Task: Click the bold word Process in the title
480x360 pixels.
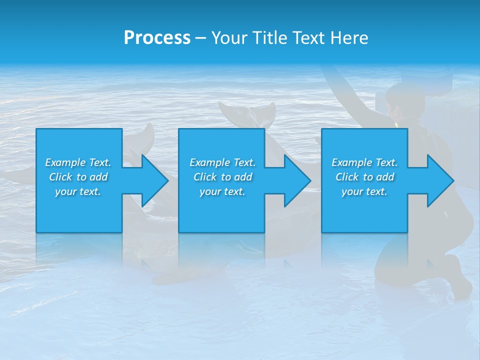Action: point(157,38)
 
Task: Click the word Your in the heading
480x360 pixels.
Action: point(230,38)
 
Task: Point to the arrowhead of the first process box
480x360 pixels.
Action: point(154,180)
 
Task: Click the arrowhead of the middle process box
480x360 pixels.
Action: point(297,180)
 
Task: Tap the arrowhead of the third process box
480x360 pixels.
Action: point(439,180)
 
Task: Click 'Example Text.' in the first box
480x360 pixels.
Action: point(78,162)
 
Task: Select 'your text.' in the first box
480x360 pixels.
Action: point(78,191)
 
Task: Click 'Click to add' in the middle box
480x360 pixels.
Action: point(222,177)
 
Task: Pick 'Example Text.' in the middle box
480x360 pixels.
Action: point(222,162)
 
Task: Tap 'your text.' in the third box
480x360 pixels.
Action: point(364,191)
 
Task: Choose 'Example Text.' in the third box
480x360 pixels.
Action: point(364,162)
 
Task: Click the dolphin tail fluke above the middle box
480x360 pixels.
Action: point(248,114)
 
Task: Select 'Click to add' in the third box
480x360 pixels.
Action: point(364,177)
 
